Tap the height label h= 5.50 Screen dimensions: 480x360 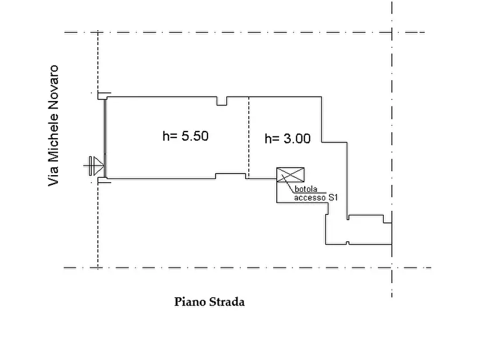pyautogui.click(x=185, y=136)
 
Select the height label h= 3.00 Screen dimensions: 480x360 pyautogui.click(x=288, y=139)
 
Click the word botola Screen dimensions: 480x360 pyautogui.click(x=306, y=189)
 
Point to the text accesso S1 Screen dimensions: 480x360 pyautogui.click(x=316, y=198)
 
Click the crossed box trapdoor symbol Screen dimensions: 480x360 pyautogui.click(x=290, y=175)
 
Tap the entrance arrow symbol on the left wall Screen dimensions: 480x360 pyautogui.click(x=94, y=166)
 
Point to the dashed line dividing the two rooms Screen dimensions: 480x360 pyautogui.click(x=248, y=138)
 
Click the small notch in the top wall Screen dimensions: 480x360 pyautogui.click(x=222, y=102)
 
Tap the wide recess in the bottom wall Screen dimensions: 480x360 pyautogui.click(x=231, y=176)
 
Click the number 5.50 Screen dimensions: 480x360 pyautogui.click(x=195, y=136)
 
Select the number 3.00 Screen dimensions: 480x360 pyautogui.click(x=297, y=139)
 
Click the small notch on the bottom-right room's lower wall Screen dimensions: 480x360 pyautogui.click(x=348, y=243)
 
